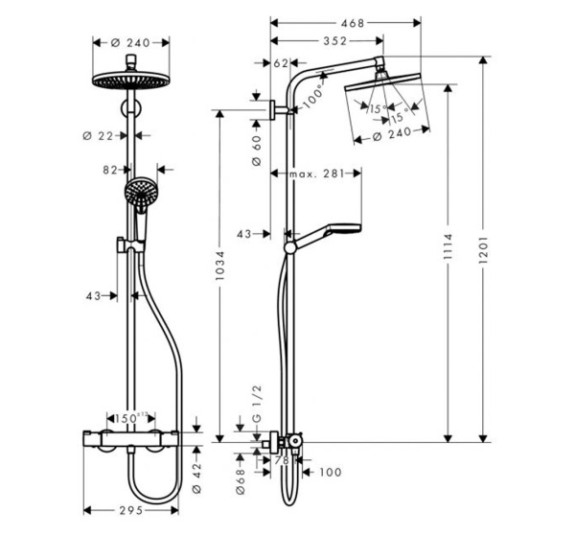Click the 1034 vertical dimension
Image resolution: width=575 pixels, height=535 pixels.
tap(220, 272)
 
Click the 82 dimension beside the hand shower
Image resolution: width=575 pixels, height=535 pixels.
tap(109, 170)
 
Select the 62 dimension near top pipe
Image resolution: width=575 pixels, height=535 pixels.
tap(280, 63)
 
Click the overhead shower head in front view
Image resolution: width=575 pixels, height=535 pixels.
tap(130, 81)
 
